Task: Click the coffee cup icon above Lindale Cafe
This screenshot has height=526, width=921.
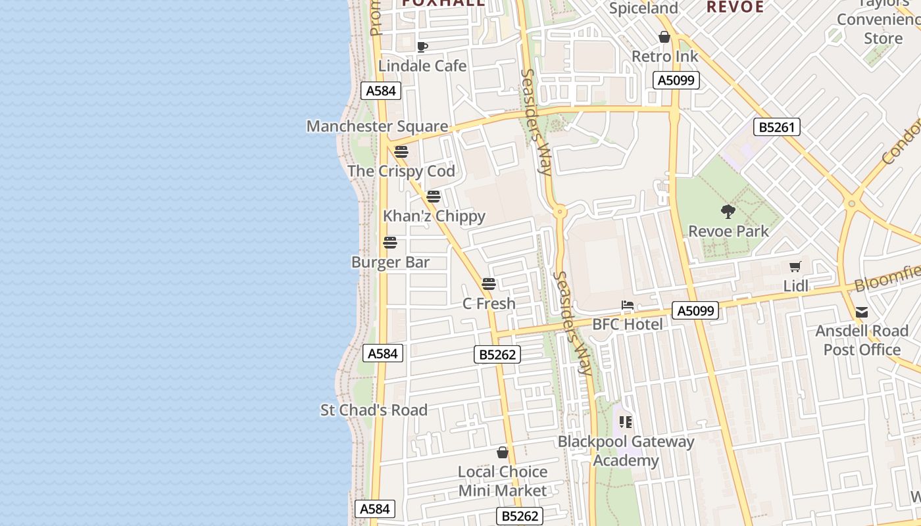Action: [x=422, y=47]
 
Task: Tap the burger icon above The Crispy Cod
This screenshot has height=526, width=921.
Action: [x=401, y=152]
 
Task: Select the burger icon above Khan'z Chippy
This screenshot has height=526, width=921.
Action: [x=433, y=196]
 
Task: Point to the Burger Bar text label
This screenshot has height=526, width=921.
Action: [x=390, y=262]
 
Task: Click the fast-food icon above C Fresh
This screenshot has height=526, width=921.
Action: [x=488, y=284]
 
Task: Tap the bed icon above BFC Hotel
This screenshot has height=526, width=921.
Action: [x=628, y=305]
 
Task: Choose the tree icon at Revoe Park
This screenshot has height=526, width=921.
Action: [x=728, y=212]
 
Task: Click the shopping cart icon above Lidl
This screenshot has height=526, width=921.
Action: [x=795, y=266]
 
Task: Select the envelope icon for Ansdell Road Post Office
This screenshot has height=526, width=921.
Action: [x=862, y=312]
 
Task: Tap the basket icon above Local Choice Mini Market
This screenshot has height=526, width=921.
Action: [x=503, y=452]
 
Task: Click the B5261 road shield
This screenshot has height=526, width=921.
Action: [x=777, y=127]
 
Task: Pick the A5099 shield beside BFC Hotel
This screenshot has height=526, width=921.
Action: [x=695, y=310]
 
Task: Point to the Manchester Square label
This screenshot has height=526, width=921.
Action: [x=377, y=126]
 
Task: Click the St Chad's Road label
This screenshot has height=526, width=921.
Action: [x=374, y=410]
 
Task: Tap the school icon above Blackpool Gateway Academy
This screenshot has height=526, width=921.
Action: [x=625, y=421]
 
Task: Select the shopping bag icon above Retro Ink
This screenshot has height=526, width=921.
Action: [x=664, y=37]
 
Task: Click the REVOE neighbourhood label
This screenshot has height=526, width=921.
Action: [x=735, y=7]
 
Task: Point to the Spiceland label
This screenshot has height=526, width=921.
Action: [x=643, y=9]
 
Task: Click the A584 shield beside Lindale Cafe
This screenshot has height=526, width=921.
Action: [x=381, y=91]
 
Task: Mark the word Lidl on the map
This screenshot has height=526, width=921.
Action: [x=796, y=286]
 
